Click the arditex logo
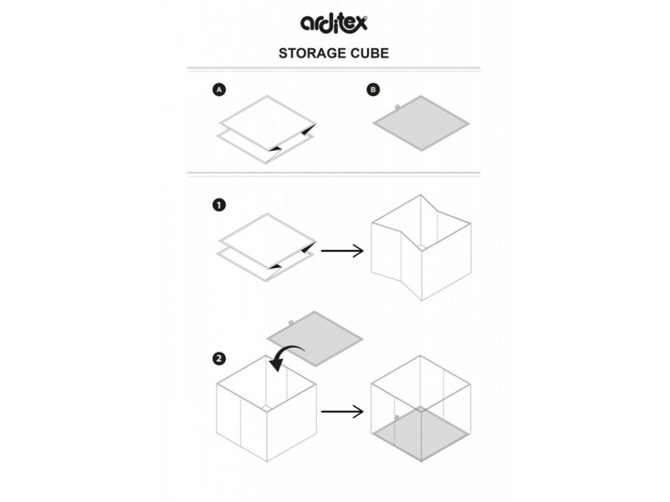[334, 22]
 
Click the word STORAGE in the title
[308, 53]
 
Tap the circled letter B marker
[373, 91]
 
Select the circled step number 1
[220, 205]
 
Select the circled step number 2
[220, 358]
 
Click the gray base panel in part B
[421, 122]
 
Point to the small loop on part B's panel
[397, 105]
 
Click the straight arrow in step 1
[342, 250]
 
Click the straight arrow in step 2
[342, 412]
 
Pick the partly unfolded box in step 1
[421, 248]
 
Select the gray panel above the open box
[315, 337]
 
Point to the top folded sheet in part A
[267, 120]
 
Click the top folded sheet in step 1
[267, 239]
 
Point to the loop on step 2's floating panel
[291, 322]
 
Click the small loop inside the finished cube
[397, 416]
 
